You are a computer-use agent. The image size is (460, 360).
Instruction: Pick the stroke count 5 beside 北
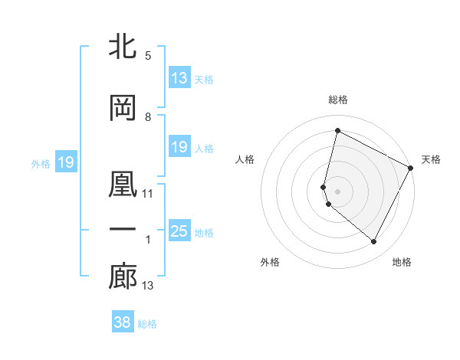[x=148, y=56]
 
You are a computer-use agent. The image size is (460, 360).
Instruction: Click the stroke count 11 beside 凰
[x=148, y=193]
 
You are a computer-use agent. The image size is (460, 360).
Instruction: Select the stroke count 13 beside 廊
[x=148, y=286]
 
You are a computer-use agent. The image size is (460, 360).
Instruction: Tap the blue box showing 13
[x=179, y=78]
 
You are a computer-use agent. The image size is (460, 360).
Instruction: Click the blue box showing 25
[x=179, y=231]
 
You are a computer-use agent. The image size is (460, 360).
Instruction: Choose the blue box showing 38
[x=122, y=322]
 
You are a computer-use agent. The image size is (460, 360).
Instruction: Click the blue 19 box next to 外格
[x=66, y=162]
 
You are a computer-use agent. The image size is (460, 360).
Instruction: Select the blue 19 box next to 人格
[x=179, y=147]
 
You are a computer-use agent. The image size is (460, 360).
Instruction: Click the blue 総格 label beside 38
[x=147, y=324]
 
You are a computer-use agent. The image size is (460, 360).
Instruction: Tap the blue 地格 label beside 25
[x=204, y=233]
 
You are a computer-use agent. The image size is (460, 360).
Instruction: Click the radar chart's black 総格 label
[x=337, y=100]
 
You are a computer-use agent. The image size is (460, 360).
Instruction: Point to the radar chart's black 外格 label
[x=269, y=262]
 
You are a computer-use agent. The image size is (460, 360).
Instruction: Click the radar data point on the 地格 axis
[x=373, y=242]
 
